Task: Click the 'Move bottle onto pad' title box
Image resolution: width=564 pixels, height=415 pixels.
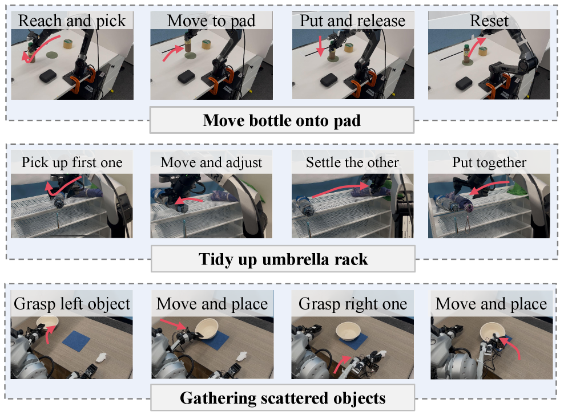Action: pos(281,120)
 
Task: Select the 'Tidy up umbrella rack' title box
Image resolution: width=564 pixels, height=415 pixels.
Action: pos(283,259)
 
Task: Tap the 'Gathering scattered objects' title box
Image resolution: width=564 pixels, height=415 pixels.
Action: pos(283,398)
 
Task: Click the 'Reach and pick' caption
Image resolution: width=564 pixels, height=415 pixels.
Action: pos(72,21)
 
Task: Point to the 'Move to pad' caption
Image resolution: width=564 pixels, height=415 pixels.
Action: pos(211,21)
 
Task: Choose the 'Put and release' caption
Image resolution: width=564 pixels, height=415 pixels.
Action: pos(353,21)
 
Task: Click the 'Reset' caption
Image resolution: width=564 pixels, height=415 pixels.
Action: pos(489,21)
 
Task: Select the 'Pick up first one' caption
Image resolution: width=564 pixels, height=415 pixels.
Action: pos(72,162)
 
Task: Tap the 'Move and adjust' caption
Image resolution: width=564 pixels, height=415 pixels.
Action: pos(211,162)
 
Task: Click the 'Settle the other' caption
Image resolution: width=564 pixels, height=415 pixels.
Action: pos(353,162)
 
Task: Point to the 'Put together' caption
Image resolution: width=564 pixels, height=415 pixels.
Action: pos(489,162)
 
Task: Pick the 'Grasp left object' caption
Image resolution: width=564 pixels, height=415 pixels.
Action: pos(72,304)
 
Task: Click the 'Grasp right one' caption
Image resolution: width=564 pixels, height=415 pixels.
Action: pos(353,304)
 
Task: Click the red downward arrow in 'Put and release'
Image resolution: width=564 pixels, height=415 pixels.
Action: pos(320,46)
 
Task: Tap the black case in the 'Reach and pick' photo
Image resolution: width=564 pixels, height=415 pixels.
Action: pos(48,76)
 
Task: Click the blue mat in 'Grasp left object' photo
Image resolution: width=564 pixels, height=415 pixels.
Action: pos(76,340)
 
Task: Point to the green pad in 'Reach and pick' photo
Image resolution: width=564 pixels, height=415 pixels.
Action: pos(52,55)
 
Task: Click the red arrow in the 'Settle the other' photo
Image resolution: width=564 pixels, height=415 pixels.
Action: pos(340,190)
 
